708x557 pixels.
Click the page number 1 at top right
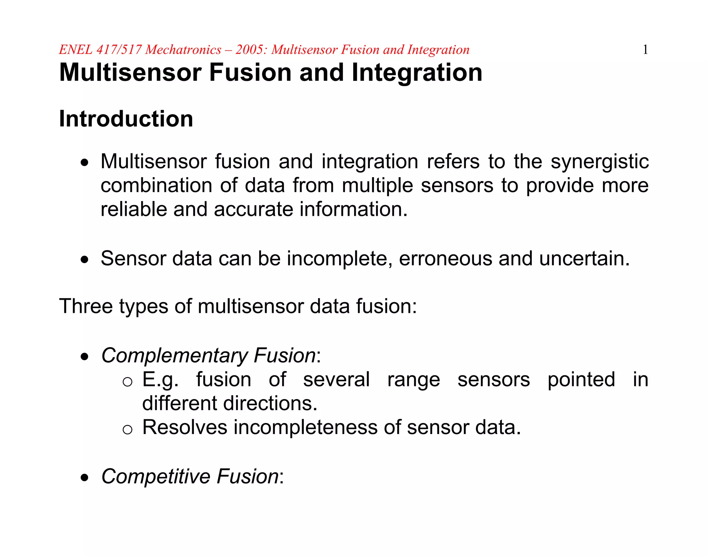(x=645, y=50)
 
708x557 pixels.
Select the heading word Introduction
(x=126, y=119)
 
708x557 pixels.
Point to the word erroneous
(x=445, y=259)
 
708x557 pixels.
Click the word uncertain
(x=584, y=259)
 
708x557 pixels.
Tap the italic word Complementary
(x=174, y=356)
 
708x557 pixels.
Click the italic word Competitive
(x=156, y=477)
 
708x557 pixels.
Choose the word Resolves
(x=185, y=428)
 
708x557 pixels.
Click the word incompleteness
(x=305, y=428)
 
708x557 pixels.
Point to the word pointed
(x=581, y=380)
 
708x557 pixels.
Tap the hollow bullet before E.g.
(x=127, y=382)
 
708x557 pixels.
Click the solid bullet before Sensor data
(x=84, y=260)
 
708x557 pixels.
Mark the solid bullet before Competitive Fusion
(x=84, y=478)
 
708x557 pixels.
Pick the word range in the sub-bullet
(x=413, y=380)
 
